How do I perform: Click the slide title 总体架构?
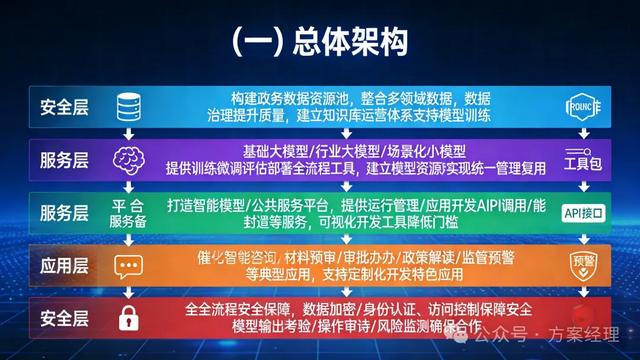319,43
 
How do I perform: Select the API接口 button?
585,213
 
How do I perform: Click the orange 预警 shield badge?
584,264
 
